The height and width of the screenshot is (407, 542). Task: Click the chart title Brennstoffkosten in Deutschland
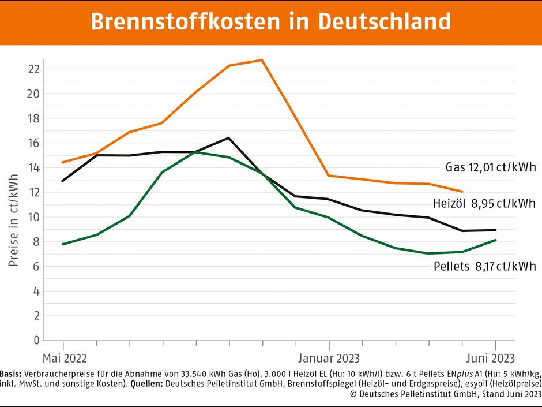pos(270,21)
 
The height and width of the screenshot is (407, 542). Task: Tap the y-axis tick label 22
pos(33,69)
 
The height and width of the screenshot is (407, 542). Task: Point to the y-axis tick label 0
pos(36,340)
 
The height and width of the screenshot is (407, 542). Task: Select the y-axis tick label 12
pos(33,192)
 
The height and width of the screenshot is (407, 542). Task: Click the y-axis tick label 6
pos(36,266)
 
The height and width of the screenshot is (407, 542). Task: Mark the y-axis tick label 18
pos(33,118)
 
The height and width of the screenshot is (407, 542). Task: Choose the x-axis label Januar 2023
pos(329,358)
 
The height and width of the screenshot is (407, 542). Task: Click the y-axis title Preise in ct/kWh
pos(14,217)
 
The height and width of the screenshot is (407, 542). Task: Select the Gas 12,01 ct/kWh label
pos(490,168)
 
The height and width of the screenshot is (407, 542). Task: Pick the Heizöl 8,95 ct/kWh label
pos(484,203)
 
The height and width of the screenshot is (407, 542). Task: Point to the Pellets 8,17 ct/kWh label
pos(484,266)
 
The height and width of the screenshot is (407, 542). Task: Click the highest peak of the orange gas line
pos(262,60)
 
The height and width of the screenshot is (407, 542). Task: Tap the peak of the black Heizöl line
pos(228,138)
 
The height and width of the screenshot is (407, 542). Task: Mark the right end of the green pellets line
pos(495,240)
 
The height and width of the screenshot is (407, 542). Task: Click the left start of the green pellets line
pos(62,244)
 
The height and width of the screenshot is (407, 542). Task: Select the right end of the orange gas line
pos(462,191)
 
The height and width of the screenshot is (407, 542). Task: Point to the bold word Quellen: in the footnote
pos(148,383)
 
